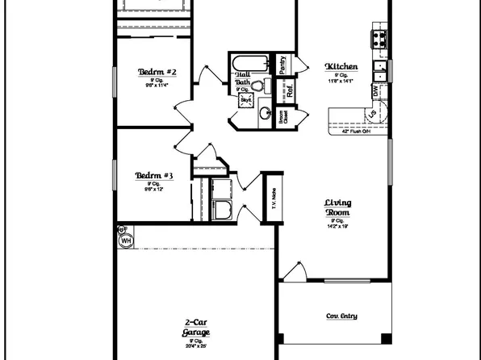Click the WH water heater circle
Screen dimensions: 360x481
point(126,240)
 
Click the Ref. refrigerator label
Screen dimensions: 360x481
point(289,91)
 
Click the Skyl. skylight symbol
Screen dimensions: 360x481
point(245,99)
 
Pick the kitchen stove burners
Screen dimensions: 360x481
point(378,37)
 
